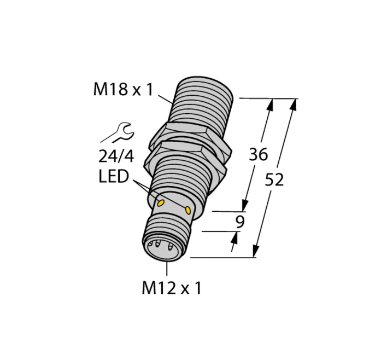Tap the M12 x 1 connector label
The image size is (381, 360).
(x=171, y=288)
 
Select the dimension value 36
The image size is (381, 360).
(x=258, y=155)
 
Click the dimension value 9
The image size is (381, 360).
(x=239, y=222)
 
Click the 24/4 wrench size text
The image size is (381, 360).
(x=116, y=156)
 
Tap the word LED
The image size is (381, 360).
(x=115, y=177)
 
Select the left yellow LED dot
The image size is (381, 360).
(x=161, y=204)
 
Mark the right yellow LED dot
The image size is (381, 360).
(x=189, y=210)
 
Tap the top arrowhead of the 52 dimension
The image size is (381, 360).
(x=294, y=104)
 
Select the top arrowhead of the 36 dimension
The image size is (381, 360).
(x=270, y=104)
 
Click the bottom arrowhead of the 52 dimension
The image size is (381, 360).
(x=255, y=251)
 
